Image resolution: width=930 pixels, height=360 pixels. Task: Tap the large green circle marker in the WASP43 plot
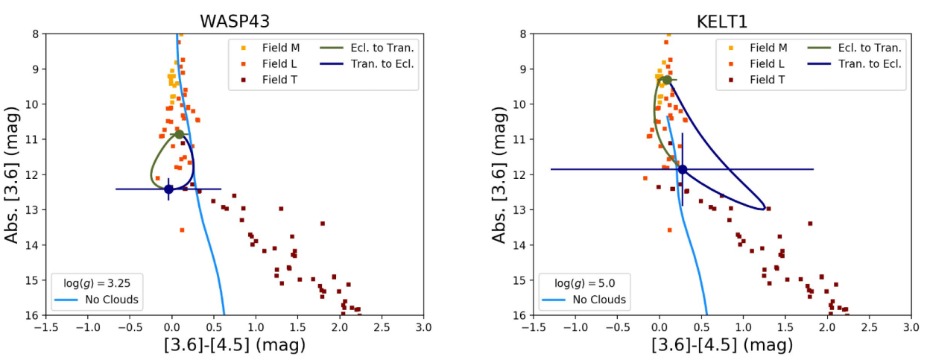pos(179,134)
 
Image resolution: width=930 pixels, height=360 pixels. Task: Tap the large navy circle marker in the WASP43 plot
pos(168,189)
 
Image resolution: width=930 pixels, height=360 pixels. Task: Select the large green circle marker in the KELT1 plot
pos(667,80)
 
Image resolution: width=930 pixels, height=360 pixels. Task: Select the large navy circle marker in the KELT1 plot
pos(682,169)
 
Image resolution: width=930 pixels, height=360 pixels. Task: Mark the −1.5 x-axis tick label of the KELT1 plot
pos(532,326)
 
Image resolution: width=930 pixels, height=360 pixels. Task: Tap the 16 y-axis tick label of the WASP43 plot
pos(34,315)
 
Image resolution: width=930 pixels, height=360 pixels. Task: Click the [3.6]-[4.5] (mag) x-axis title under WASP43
pos(235,346)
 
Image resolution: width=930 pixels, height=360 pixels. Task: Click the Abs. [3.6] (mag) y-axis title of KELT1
pos(500,174)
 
